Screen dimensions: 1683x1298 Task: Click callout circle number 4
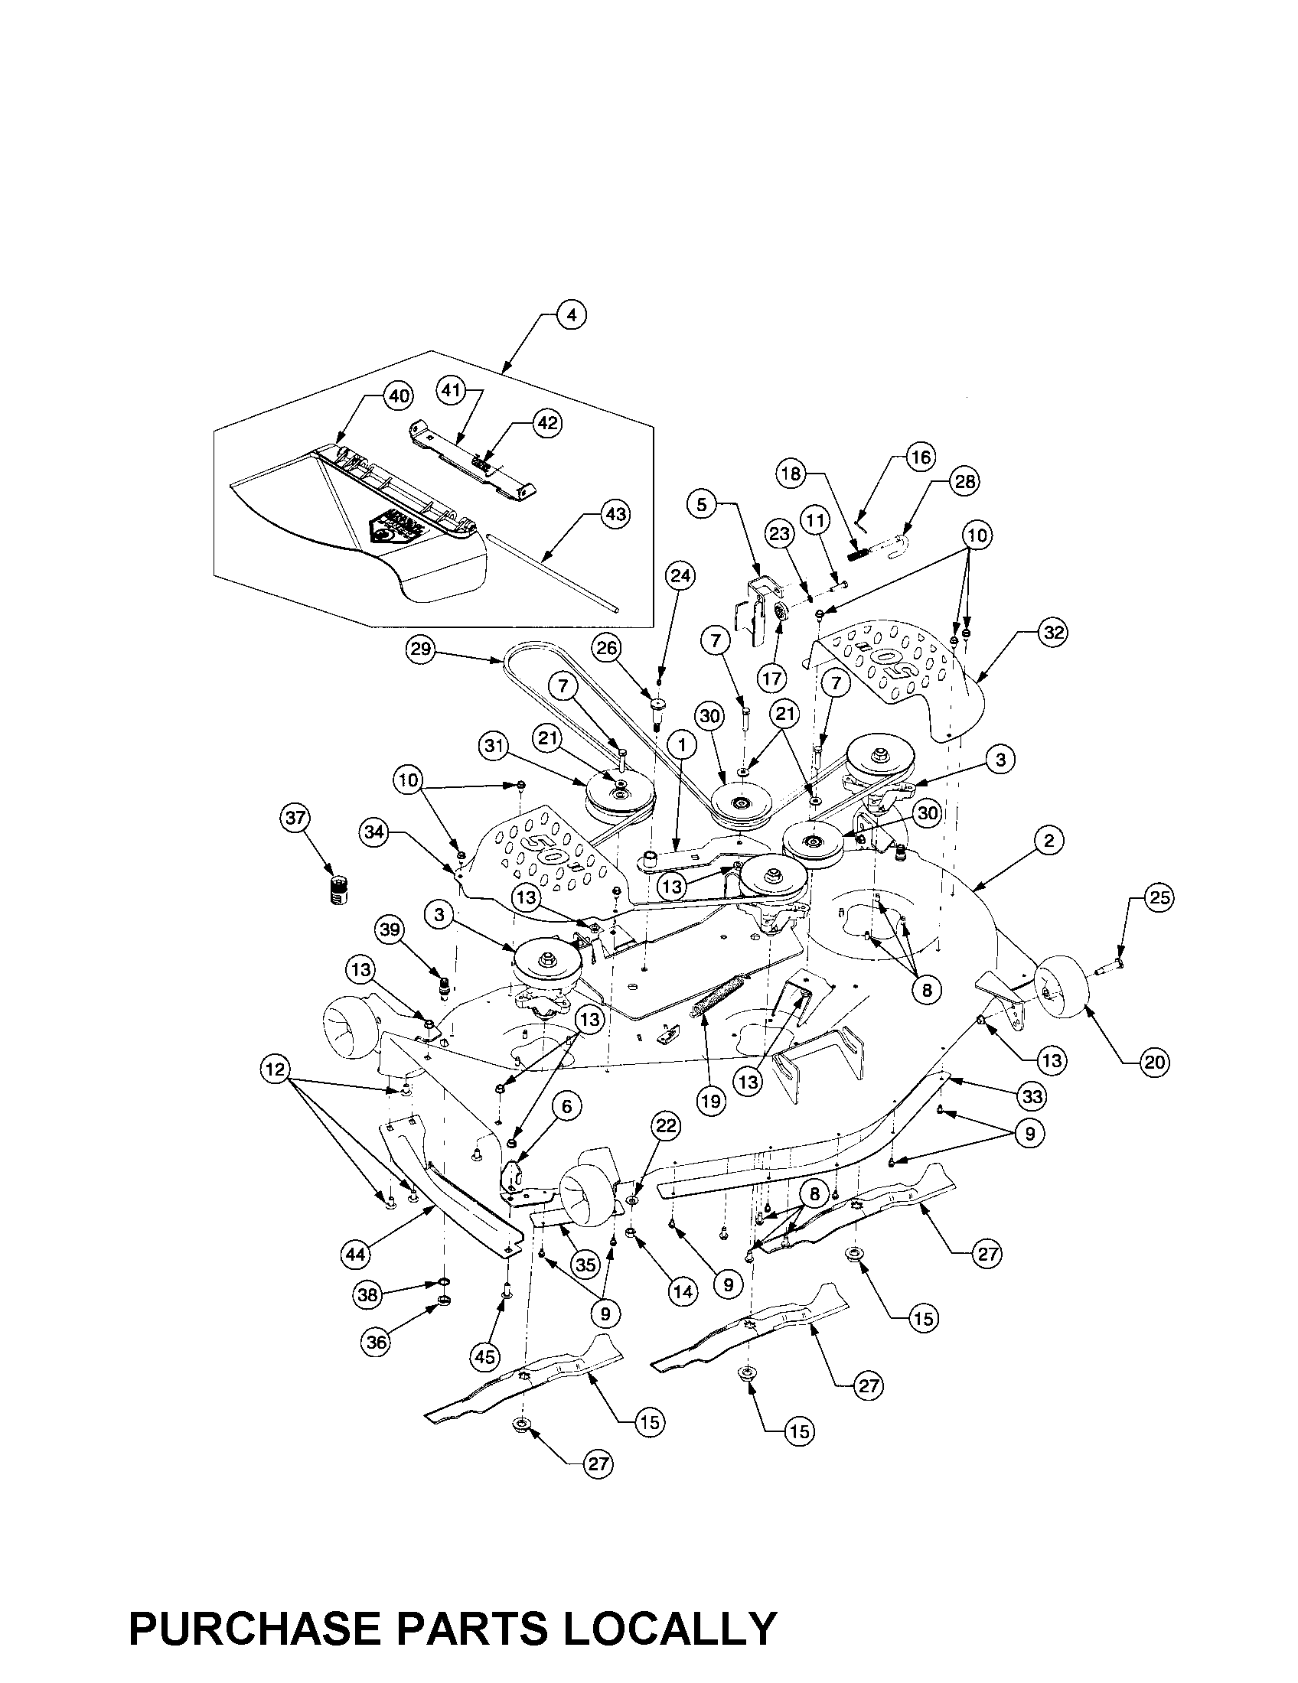click(x=570, y=315)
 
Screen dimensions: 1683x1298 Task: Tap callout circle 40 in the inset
click(x=398, y=397)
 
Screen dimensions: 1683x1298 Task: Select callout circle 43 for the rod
click(x=615, y=515)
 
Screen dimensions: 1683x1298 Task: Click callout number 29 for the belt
click(x=420, y=649)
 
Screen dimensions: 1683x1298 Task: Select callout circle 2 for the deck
click(x=1049, y=841)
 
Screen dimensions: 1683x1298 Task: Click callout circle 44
click(x=356, y=1255)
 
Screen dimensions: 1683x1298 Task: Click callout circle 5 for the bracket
click(x=701, y=505)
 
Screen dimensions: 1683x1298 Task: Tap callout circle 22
click(x=666, y=1126)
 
